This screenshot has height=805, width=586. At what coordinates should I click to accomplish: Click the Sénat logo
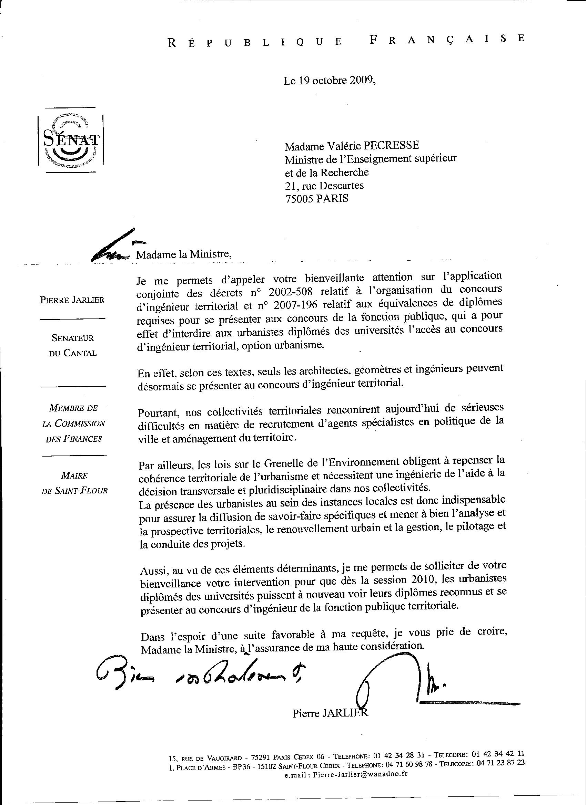(x=71, y=140)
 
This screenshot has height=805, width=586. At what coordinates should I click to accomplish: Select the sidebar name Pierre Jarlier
(x=72, y=300)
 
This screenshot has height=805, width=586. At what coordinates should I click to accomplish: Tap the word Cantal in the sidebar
(x=80, y=354)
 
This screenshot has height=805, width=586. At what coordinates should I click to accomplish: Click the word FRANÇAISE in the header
(x=447, y=40)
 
